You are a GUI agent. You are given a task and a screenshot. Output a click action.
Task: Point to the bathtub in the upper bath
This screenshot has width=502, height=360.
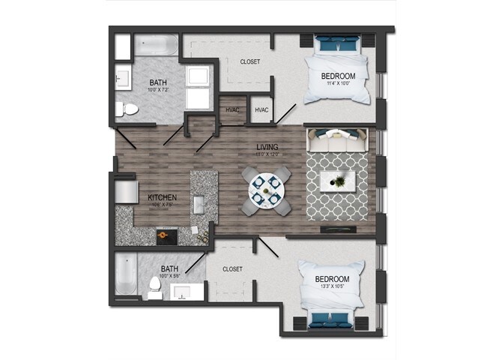tap(156, 46)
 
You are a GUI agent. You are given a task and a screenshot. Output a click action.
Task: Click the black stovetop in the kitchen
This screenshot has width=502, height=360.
tap(167, 237)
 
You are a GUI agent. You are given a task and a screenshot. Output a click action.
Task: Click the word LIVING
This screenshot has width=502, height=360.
tap(267, 147)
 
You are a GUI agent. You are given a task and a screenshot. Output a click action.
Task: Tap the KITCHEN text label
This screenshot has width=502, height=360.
tap(162, 198)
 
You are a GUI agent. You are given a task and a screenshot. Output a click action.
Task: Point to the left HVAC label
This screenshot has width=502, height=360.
tap(232, 110)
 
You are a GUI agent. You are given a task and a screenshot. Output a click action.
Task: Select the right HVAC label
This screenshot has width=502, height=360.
tap(261, 110)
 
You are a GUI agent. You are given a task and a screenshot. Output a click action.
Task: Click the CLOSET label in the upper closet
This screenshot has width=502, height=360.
tap(250, 61)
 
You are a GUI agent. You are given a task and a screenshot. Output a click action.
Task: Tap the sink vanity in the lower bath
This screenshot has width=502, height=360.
tap(182, 291)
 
